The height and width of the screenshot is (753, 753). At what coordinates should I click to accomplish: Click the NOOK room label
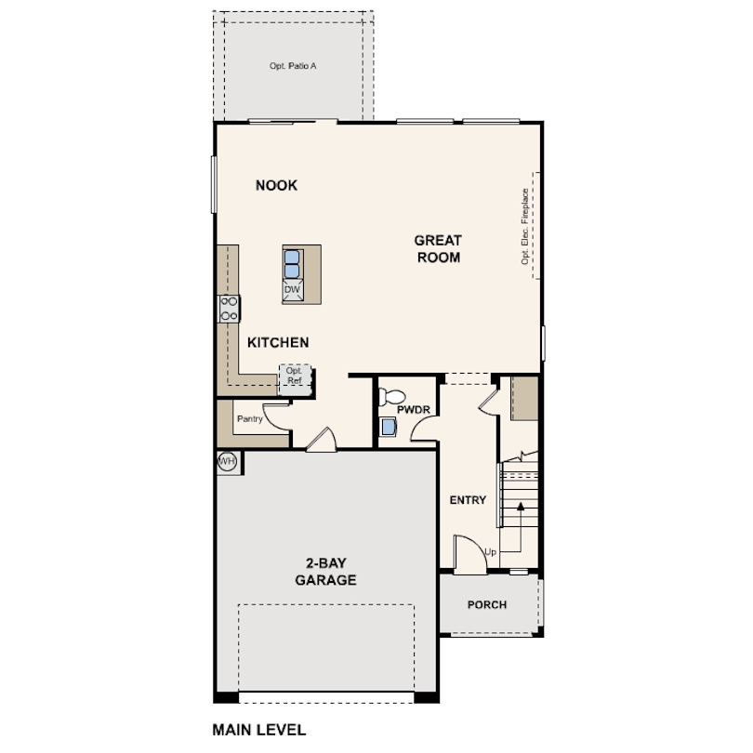(276, 185)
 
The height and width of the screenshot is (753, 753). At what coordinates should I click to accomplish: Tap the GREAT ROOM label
(438, 249)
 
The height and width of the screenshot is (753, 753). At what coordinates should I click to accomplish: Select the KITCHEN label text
(278, 342)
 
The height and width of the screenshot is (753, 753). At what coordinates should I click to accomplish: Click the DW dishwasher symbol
(293, 290)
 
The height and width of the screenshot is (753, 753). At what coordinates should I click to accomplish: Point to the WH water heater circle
(227, 462)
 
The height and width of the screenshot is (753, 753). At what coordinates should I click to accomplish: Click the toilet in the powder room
(392, 397)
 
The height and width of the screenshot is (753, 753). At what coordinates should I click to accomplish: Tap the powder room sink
(388, 427)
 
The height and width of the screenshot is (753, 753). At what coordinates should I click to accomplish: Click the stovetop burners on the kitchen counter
(229, 309)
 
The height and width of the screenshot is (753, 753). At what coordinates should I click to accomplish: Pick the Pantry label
(250, 418)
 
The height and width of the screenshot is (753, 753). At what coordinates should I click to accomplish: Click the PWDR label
(414, 410)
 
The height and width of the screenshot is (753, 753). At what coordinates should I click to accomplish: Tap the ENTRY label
(468, 500)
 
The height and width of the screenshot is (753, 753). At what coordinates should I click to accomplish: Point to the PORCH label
(487, 604)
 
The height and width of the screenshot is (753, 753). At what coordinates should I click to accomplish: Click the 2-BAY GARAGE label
(325, 572)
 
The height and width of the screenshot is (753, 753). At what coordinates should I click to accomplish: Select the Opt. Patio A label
(293, 66)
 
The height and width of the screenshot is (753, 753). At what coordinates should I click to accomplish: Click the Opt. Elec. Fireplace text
(525, 226)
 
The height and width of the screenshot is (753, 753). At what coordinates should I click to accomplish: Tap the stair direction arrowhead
(521, 506)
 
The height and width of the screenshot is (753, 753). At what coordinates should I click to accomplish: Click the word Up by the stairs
(490, 552)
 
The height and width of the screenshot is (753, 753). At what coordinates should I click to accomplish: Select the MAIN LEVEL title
(258, 730)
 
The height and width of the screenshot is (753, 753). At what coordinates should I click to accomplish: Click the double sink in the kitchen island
(292, 264)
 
